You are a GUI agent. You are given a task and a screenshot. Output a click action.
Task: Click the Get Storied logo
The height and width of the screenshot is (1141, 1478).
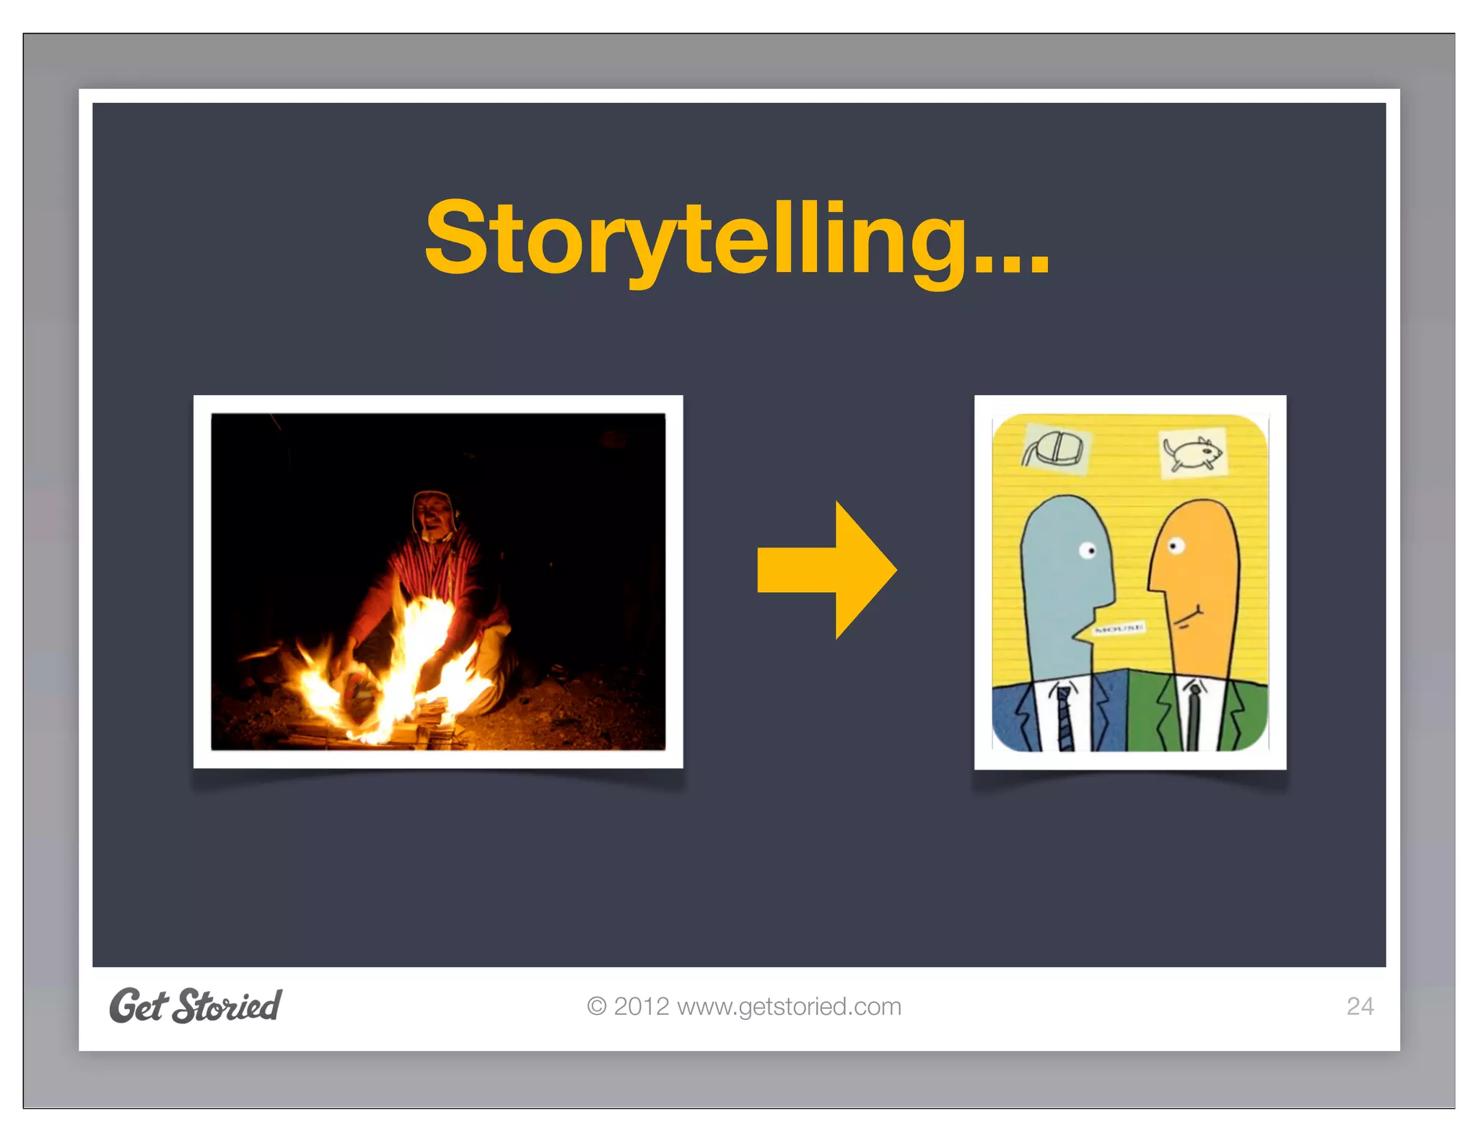click(196, 1005)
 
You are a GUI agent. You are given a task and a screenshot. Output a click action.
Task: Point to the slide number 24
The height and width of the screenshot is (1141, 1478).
click(1360, 1006)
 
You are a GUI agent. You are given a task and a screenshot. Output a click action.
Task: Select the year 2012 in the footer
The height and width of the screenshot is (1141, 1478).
click(641, 1006)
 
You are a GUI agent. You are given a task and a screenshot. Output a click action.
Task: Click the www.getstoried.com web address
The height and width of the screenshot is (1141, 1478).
click(789, 1006)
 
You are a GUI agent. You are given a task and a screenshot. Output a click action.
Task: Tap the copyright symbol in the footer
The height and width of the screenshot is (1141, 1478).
click(596, 1006)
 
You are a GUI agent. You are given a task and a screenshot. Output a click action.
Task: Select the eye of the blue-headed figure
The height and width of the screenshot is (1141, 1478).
click(1088, 551)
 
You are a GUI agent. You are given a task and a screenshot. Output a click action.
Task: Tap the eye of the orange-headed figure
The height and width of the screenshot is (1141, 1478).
click(1175, 546)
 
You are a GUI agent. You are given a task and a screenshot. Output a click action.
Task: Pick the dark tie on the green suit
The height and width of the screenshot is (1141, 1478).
click(1194, 718)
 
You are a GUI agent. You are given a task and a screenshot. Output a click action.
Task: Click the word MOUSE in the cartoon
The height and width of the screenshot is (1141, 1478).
click(1119, 629)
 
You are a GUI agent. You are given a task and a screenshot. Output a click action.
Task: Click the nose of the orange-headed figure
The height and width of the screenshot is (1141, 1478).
click(1152, 584)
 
